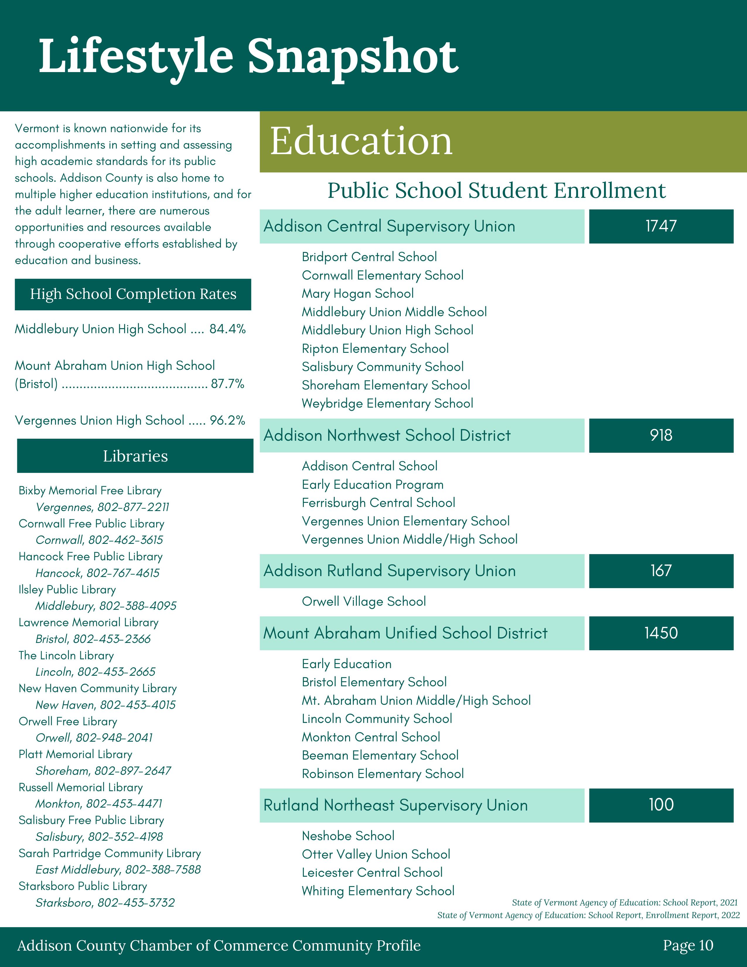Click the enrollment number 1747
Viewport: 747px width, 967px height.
click(x=661, y=226)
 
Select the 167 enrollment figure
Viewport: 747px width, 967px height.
click(x=661, y=571)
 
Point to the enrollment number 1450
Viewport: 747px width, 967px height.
click(x=661, y=633)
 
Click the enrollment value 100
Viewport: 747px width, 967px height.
click(x=661, y=805)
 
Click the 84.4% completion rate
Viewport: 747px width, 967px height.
click(x=227, y=329)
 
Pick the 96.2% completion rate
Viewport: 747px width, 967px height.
click(x=227, y=420)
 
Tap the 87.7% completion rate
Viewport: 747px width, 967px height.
click(x=227, y=384)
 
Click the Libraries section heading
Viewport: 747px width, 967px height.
click(x=135, y=456)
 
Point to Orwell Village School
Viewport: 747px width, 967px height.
click(x=364, y=602)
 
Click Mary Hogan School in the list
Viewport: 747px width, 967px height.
click(x=358, y=294)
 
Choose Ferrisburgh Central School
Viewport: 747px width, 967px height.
click(x=378, y=503)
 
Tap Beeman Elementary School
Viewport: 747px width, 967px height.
click(x=380, y=755)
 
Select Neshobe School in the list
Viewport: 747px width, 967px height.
click(x=348, y=836)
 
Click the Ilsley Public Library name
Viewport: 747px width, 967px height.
click(x=67, y=590)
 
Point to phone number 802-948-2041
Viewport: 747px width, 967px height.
click(x=114, y=738)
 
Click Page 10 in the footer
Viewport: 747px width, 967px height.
click(x=688, y=945)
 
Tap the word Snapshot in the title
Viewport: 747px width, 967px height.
click(x=353, y=57)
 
